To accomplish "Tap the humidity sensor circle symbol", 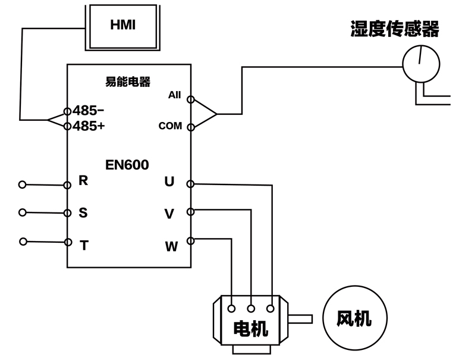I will pos(420,62).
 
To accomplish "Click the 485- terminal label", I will pos(88,111).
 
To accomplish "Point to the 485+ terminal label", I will pos(89,126).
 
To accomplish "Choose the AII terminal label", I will pos(174,95).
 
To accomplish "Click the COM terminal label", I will pos(170,126).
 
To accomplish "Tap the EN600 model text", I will pos(128,164).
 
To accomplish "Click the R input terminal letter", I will pos(83,181).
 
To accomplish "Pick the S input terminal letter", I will pos(83,212).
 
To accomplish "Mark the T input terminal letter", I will pos(84,244).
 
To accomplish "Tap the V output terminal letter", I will pos(169,214).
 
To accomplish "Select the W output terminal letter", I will pos(171,246).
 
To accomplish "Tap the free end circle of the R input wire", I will pos(23,184).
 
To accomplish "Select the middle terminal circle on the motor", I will pos(251,308).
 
